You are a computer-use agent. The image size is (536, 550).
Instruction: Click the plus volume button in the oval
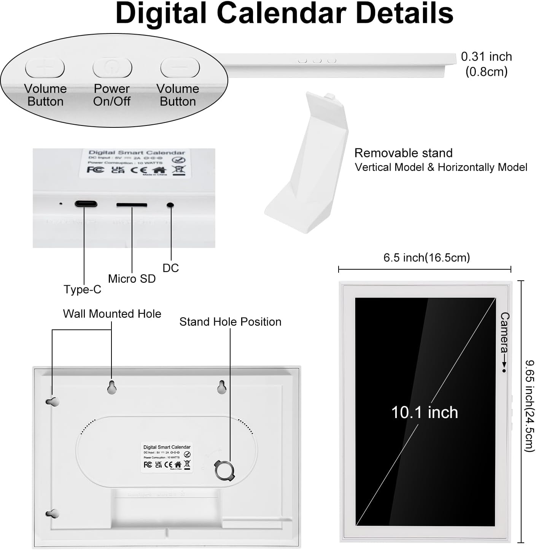(45, 68)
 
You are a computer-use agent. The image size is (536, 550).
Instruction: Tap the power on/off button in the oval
(112, 68)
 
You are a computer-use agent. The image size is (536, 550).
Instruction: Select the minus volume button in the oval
(180, 68)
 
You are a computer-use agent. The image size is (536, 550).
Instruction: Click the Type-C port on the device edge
(86, 204)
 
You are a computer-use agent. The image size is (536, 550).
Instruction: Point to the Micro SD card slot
(132, 205)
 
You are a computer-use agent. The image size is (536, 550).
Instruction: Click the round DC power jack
(170, 205)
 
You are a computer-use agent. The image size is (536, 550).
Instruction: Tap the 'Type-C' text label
(82, 289)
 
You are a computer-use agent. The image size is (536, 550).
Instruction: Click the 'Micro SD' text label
(132, 279)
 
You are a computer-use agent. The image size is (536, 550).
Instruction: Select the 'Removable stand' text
(403, 153)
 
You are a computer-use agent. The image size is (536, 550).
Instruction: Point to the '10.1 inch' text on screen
(425, 413)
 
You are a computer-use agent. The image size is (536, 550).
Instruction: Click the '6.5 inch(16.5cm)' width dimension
(426, 258)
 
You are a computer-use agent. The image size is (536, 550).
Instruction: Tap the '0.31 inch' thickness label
(486, 57)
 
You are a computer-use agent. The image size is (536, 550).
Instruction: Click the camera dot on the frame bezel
(504, 370)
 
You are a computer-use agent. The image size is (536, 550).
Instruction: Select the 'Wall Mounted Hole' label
(112, 314)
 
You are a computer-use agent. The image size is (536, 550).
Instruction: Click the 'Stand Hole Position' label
(230, 322)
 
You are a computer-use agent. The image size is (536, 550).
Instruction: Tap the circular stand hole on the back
(224, 470)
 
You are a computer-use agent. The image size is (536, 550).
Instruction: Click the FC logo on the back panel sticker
(148, 464)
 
